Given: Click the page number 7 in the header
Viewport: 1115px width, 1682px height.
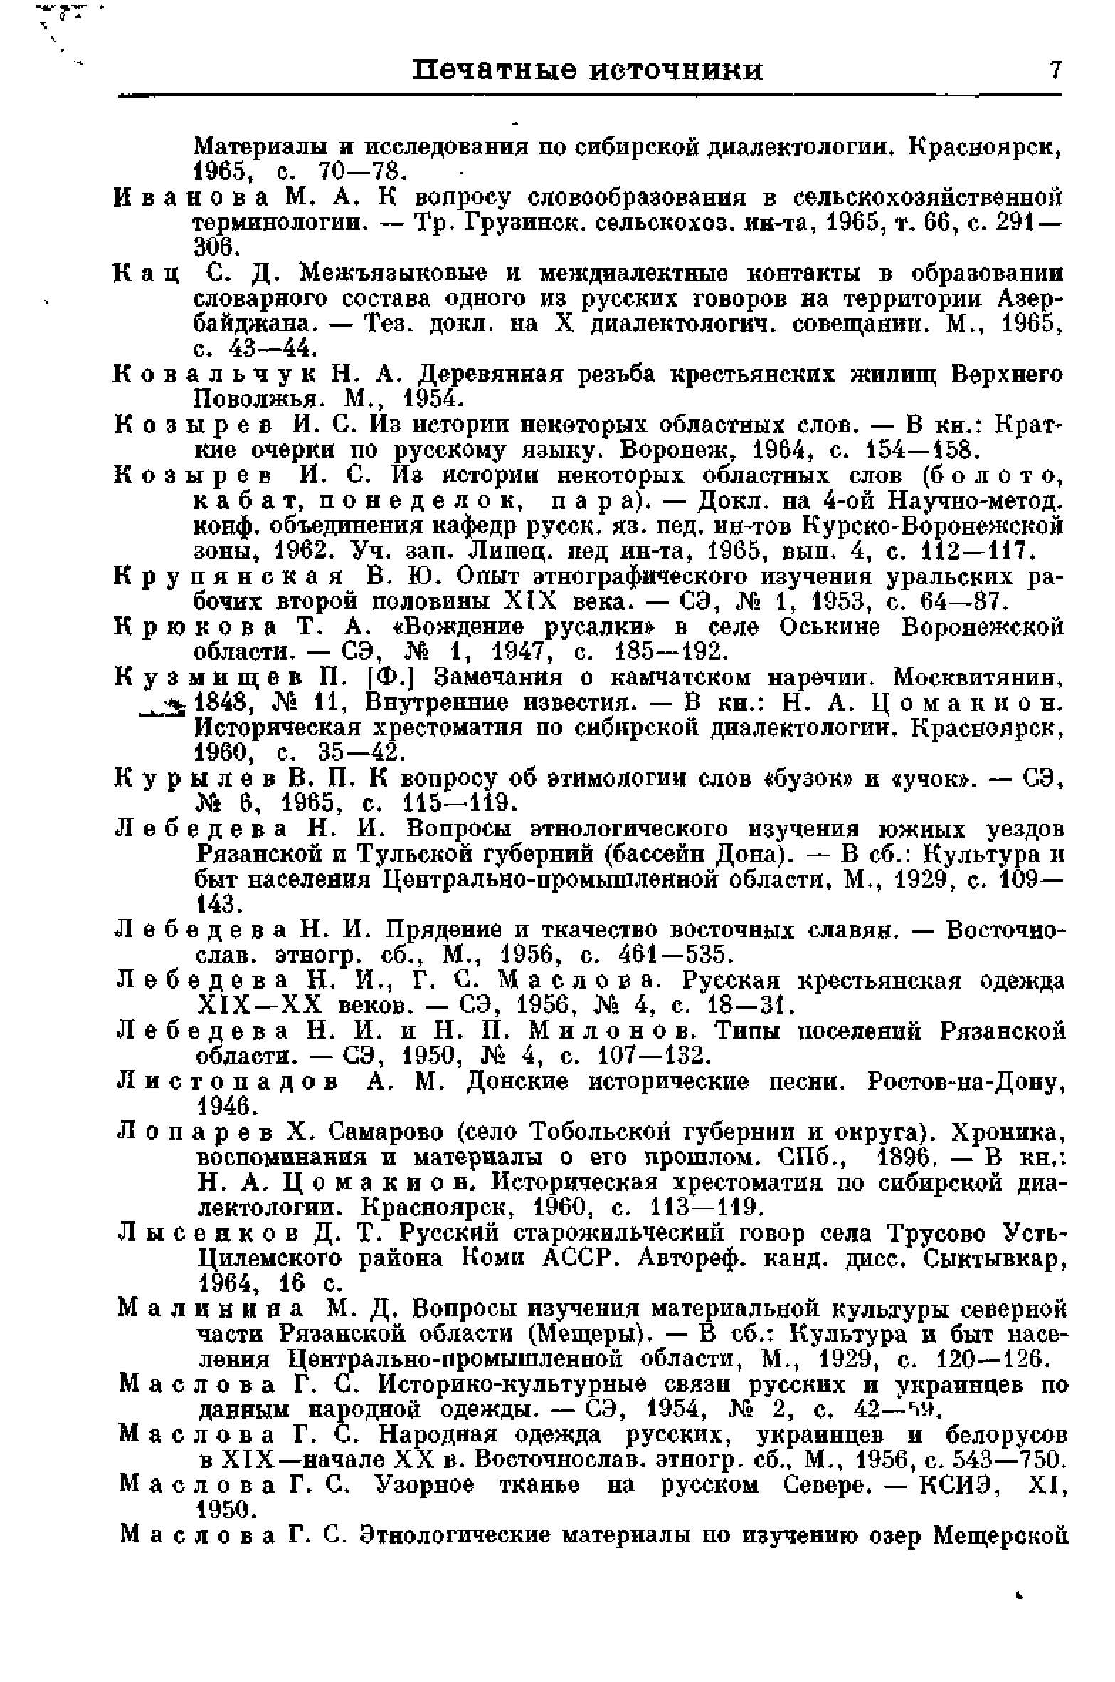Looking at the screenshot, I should (x=1055, y=70).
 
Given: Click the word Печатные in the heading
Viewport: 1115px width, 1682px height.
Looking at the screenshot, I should (x=495, y=71).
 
